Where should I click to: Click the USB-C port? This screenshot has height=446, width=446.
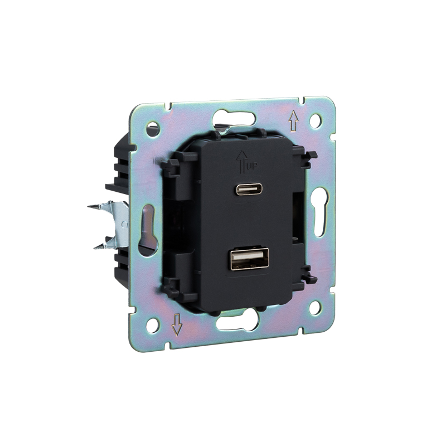coord(249,189)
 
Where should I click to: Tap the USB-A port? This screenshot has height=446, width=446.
coord(250,259)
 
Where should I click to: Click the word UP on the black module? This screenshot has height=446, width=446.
coord(253,167)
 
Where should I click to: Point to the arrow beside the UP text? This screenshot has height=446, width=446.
coord(242,162)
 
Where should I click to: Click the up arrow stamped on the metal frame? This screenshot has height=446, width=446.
coord(293,120)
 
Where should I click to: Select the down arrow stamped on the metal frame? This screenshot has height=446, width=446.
coord(177,324)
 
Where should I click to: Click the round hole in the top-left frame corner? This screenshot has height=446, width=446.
coord(152,129)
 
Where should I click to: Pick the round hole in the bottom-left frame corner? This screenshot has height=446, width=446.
coord(152,326)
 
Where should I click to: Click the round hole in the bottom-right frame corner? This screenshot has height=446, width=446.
coord(315,308)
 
